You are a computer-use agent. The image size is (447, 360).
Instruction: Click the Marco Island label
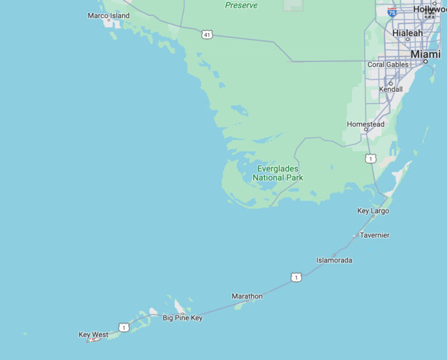pos(108,16)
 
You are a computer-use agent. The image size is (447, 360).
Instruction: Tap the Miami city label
pos(425,54)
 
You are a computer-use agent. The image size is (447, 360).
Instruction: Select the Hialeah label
pos(407,33)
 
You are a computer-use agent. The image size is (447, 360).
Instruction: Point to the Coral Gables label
pos(388,65)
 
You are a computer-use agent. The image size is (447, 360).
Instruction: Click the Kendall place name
pos(391,90)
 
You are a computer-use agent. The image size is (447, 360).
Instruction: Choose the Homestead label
pos(366,124)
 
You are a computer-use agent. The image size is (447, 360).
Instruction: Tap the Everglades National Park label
pos(278,173)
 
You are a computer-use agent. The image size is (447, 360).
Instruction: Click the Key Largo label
pos(373,211)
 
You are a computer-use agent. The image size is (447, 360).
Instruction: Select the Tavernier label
pos(374,236)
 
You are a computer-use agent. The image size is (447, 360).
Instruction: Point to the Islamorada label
pos(334,261)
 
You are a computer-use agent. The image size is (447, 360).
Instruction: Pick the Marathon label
pos(247,297)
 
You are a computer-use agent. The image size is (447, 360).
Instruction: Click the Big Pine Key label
pos(182,318)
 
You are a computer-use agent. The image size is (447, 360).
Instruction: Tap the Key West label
pos(93,335)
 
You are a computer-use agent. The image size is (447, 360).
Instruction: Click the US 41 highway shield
pos(207,35)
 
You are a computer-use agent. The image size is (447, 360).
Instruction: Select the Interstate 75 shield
pos(392,12)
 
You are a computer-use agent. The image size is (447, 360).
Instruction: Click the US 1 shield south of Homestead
pos(370,158)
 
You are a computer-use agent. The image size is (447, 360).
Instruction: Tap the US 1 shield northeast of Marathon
pos(297,277)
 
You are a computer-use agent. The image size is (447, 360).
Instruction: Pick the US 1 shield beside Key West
pos(123,327)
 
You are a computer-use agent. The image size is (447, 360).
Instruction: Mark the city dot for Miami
pos(425,61)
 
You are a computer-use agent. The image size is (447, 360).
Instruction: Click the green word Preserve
pos(241,5)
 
